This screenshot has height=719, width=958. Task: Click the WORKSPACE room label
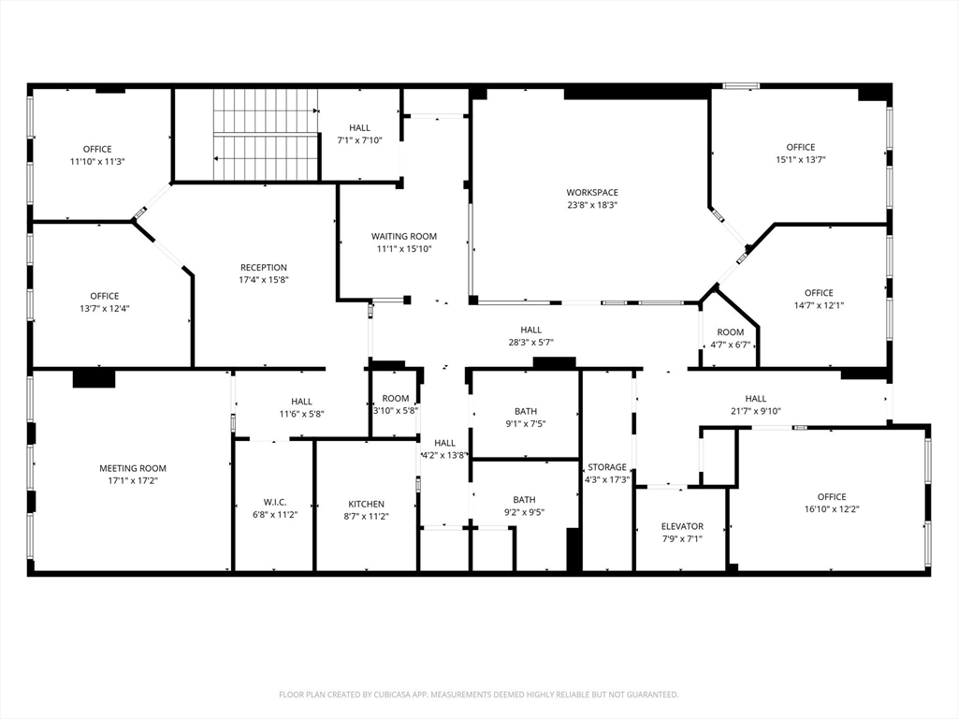point(592,193)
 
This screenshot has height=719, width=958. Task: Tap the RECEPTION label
point(263,267)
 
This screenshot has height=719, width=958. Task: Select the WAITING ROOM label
point(404,236)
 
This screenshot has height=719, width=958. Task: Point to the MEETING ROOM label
point(133,468)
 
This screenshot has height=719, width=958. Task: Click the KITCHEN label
point(366,504)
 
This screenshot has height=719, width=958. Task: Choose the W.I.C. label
point(275,502)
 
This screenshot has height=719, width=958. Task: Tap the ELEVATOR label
point(682,526)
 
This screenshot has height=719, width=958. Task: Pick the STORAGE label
point(606,467)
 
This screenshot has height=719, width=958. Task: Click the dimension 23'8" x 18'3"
point(592,205)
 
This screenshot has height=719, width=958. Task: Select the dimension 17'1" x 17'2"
point(133,481)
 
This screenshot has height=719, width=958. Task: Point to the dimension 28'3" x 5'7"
point(531,343)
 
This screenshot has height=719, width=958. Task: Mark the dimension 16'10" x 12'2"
point(832,509)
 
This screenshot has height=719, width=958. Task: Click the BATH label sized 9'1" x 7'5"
point(526,412)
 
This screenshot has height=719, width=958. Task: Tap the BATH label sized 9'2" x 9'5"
point(524,500)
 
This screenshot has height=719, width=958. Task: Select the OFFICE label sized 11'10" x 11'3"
point(97,149)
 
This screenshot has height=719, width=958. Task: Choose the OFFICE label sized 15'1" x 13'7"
point(801,147)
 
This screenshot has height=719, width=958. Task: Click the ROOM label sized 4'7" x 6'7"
point(730,332)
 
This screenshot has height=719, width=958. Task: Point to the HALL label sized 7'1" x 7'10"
point(360,127)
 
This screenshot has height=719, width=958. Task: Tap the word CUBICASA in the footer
point(394,695)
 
